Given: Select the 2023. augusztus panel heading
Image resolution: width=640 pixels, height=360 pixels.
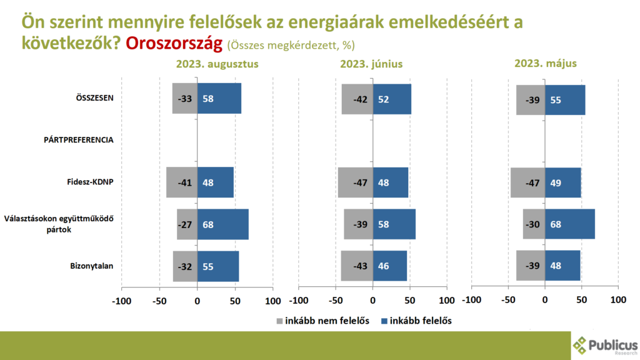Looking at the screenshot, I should (x=217, y=64).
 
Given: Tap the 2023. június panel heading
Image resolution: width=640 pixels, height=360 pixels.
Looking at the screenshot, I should (x=371, y=64).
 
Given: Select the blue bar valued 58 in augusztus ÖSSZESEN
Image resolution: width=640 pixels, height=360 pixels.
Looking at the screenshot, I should (x=219, y=99).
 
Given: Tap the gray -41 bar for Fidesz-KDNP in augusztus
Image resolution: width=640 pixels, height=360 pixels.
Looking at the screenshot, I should (x=181, y=182).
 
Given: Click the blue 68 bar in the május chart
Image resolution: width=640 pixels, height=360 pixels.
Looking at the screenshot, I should (x=569, y=224).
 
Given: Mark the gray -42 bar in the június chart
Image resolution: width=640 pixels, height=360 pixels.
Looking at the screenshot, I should (x=357, y=99).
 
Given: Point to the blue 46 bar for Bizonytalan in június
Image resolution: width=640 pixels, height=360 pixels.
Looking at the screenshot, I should (x=390, y=266).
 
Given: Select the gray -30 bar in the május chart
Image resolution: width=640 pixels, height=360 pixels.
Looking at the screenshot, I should (x=534, y=224).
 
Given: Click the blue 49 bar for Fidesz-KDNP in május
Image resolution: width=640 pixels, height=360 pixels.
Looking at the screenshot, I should (x=562, y=182).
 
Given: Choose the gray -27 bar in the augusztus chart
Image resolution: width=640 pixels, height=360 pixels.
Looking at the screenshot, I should (x=187, y=224).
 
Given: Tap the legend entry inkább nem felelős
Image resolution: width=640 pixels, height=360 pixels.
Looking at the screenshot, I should (x=322, y=321).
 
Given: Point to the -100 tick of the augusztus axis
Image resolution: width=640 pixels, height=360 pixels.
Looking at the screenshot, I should (x=121, y=301).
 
